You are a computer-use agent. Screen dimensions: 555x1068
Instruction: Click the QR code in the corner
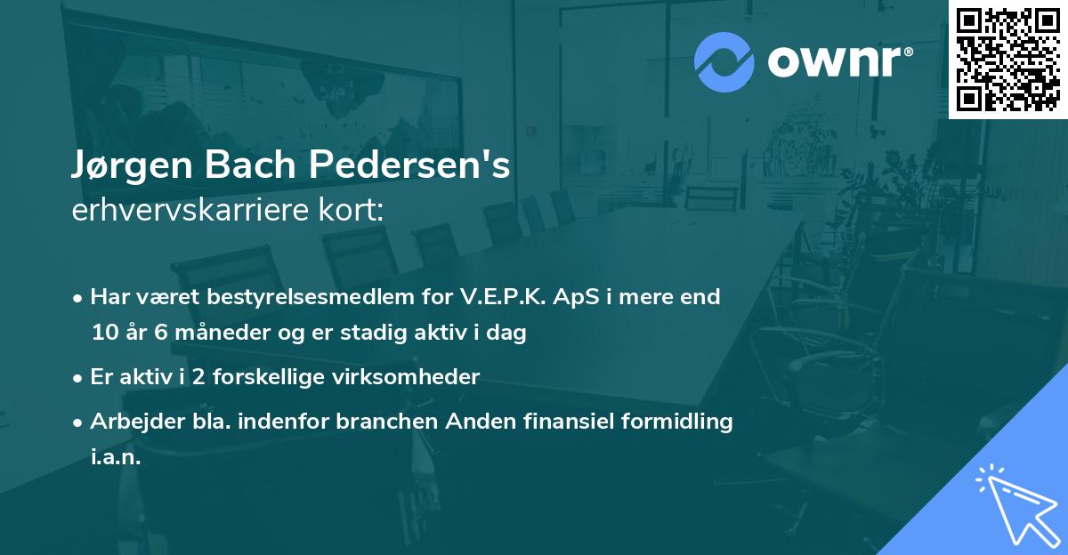(1007, 60)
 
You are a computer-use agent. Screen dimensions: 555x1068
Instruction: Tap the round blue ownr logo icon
(724, 62)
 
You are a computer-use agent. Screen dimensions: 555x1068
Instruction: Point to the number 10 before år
(103, 334)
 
